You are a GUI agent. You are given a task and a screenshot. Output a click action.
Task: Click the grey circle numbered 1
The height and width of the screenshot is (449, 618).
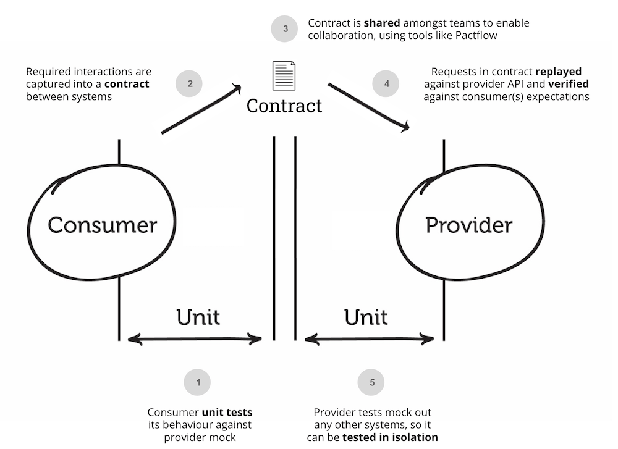click(198, 382)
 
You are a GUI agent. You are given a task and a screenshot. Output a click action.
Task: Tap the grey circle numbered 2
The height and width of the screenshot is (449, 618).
click(190, 84)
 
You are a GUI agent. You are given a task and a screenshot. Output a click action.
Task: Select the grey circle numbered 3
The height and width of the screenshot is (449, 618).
click(285, 29)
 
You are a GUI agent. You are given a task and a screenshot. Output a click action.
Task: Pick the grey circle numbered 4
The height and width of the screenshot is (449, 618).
click(387, 84)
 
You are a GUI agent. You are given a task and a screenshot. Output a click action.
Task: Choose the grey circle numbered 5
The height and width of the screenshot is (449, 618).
click(371, 382)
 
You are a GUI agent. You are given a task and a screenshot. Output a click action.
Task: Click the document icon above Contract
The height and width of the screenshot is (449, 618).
click(284, 75)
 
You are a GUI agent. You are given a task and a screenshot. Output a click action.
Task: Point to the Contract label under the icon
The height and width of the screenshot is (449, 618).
click(284, 106)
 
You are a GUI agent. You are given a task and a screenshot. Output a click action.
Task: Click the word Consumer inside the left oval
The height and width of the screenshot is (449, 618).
click(103, 225)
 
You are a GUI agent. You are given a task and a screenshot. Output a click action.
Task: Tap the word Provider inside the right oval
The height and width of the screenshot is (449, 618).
click(468, 225)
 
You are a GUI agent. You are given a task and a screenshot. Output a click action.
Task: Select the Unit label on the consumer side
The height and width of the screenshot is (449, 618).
click(198, 317)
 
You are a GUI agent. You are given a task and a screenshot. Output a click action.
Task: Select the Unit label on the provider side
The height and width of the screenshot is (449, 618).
click(366, 317)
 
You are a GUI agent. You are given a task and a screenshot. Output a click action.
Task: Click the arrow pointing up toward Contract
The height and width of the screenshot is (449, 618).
click(201, 109)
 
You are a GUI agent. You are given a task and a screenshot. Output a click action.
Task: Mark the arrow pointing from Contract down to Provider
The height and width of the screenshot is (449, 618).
click(369, 106)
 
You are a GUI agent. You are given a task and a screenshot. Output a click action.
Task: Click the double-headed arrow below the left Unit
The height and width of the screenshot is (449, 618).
click(195, 338)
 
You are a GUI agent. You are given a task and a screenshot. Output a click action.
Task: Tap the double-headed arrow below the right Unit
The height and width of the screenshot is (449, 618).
click(370, 338)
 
